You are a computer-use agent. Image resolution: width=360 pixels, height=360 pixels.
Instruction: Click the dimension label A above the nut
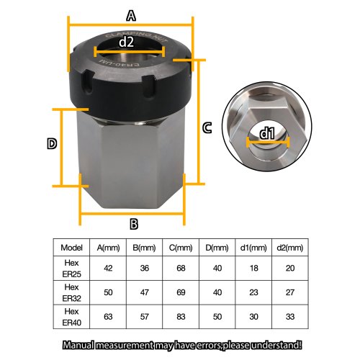click(x=130, y=14)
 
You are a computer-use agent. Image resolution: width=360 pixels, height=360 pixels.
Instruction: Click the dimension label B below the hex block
click(x=133, y=223)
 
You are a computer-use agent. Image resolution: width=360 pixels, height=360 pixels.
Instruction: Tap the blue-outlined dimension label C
click(x=207, y=128)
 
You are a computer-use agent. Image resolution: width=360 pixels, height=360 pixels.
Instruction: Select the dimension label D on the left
click(x=52, y=144)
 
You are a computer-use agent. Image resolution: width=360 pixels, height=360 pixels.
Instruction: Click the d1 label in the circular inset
click(x=266, y=132)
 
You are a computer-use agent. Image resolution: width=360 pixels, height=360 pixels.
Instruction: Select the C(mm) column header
click(x=178, y=247)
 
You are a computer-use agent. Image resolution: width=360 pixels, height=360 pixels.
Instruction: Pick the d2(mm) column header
click(x=286, y=247)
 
